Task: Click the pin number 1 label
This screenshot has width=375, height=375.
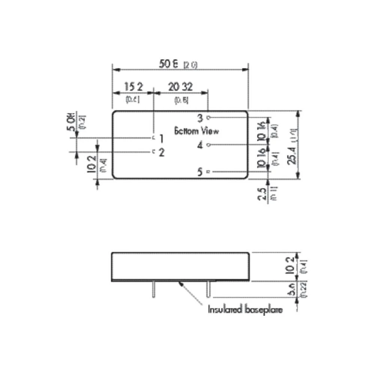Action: point(161,139)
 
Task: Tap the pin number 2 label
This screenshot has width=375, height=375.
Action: point(161,153)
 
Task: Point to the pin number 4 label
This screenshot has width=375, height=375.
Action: point(200,145)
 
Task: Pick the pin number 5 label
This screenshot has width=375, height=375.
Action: point(200,172)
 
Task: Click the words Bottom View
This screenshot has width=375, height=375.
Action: point(196,131)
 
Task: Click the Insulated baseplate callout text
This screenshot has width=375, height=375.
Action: point(246,310)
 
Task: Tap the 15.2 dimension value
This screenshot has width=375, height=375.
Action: point(133,87)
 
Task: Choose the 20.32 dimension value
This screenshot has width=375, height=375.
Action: point(180,87)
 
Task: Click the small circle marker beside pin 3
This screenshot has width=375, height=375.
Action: point(209,117)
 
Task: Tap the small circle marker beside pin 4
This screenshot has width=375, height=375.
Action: point(209,144)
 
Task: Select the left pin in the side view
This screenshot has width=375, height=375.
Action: point(153,289)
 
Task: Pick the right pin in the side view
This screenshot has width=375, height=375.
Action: point(209,289)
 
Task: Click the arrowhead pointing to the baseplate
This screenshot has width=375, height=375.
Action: point(182,284)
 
